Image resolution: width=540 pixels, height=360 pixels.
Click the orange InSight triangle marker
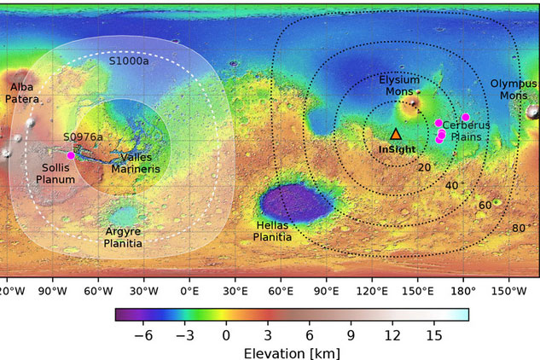(x=395, y=134)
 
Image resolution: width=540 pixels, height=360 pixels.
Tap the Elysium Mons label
(x=399, y=85)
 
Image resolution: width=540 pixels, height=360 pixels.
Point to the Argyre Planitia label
(x=123, y=237)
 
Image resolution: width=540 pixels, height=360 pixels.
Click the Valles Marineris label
(x=136, y=163)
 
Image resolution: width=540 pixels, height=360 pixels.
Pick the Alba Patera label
(x=22, y=93)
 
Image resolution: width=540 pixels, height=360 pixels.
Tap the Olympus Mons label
(x=514, y=90)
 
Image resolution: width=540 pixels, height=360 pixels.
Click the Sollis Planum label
(x=56, y=174)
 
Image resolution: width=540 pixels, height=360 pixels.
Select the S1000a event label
(x=129, y=61)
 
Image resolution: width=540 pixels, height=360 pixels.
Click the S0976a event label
(x=83, y=136)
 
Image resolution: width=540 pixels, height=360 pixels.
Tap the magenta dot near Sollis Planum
(x=71, y=155)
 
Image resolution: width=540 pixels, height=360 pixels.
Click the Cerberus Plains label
(x=462, y=131)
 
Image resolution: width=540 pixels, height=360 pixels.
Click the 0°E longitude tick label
(x=189, y=289)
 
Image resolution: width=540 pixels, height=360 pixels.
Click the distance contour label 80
(x=519, y=228)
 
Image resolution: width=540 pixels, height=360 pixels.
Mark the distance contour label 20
(x=424, y=167)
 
